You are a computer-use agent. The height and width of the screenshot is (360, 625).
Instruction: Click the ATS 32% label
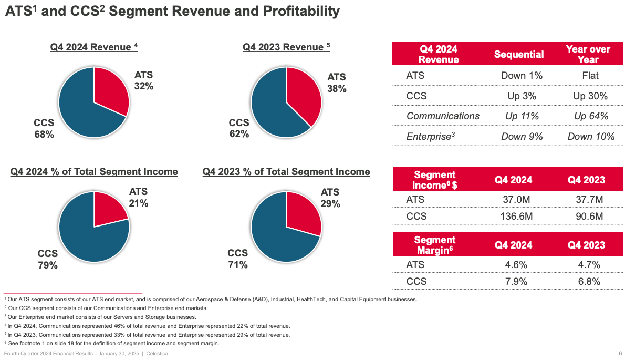click(x=143, y=80)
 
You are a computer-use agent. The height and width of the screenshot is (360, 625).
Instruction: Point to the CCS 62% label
click(x=239, y=128)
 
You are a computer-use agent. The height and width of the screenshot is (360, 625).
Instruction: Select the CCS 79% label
click(x=47, y=260)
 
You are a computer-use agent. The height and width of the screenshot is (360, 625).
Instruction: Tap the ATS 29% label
click(x=330, y=198)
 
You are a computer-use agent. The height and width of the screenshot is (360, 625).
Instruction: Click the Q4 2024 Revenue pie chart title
click(x=93, y=47)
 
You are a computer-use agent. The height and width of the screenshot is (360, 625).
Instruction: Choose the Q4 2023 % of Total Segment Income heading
click(x=286, y=172)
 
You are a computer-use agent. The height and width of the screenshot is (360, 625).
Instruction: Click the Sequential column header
click(x=519, y=54)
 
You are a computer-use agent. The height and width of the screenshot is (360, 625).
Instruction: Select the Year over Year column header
click(x=588, y=54)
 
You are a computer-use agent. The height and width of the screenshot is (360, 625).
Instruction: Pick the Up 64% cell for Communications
click(x=591, y=116)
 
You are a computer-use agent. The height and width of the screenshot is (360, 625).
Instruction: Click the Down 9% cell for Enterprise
click(x=522, y=137)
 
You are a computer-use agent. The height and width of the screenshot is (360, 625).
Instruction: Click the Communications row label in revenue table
click(x=443, y=116)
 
